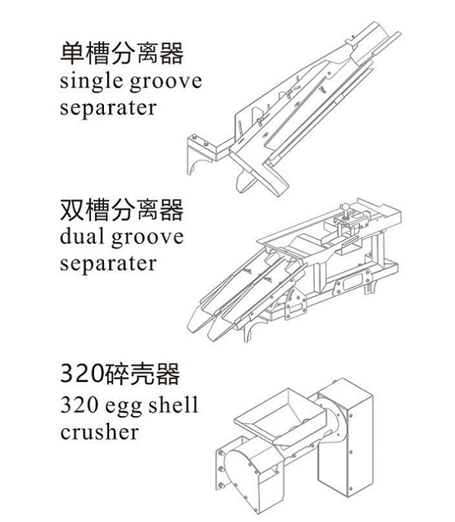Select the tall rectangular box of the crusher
(345, 447)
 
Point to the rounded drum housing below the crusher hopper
(243, 474)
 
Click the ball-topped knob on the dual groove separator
(345, 209)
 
